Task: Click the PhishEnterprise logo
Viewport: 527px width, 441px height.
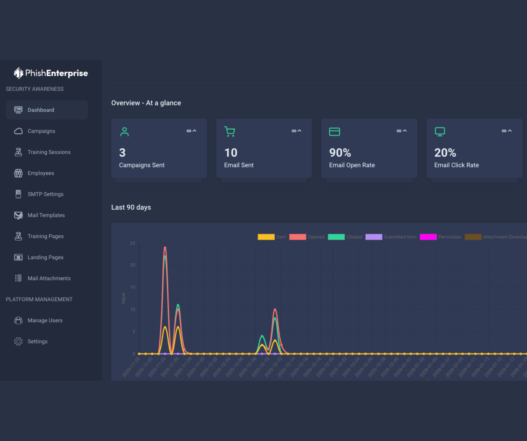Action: pos(51,73)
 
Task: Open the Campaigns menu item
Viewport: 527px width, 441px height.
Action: pos(41,131)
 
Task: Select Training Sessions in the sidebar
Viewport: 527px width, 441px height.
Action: pos(49,152)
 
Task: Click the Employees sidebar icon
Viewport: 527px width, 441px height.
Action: pos(18,173)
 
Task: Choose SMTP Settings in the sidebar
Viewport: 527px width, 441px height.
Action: pos(45,194)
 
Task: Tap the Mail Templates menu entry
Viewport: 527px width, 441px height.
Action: pos(46,215)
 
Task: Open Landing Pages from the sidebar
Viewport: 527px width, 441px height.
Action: pos(45,257)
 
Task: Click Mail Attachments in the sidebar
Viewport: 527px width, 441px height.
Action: pos(49,278)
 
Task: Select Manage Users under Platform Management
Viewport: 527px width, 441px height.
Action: pos(45,320)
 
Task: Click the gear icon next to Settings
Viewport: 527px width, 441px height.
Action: pos(18,341)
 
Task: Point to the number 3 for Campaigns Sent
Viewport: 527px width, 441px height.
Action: pos(122,153)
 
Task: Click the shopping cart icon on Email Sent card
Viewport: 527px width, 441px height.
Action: pos(230,132)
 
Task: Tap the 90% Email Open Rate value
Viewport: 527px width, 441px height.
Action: pos(340,153)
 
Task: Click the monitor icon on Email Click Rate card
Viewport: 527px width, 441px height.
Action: pos(440,132)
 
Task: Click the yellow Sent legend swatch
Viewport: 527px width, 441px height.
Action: pos(266,237)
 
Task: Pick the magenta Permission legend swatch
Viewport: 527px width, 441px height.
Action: pos(428,237)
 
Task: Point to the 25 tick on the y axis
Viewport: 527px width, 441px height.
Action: pos(133,243)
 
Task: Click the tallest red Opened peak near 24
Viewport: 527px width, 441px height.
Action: pos(165,248)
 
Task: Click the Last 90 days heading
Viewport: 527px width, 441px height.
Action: pos(131,207)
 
